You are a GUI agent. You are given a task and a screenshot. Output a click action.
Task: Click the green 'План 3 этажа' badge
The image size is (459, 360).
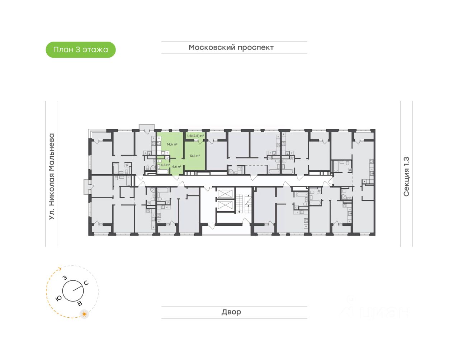tap(81, 49)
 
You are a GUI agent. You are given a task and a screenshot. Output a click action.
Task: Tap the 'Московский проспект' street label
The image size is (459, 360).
tap(231, 48)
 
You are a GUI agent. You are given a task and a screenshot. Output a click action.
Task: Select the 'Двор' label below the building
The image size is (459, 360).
tap(231, 312)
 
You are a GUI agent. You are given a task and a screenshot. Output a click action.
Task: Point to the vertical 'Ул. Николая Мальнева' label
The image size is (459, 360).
tap(52, 176)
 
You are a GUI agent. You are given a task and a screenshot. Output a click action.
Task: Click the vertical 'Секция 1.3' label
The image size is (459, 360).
tap(406, 176)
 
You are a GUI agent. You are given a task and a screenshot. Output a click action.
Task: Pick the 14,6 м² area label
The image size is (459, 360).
tap(172, 145)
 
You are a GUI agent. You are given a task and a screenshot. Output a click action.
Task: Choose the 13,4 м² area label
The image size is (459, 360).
tap(195, 156)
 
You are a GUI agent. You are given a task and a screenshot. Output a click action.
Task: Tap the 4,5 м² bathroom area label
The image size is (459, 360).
tap(165, 165)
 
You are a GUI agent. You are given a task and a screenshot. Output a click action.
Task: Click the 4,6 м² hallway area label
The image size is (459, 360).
tap(176, 167)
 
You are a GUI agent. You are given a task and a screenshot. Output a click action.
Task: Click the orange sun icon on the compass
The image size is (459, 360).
tap(85, 314)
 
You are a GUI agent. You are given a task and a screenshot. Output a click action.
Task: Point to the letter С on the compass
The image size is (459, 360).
tap(86, 283)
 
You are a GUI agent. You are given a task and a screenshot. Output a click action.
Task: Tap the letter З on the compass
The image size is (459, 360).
tap(65, 278)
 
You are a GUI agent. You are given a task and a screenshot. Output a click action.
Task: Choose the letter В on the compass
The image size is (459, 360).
tap(80, 304)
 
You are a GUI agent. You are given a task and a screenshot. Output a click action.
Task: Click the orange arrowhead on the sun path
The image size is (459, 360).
tap(60, 269)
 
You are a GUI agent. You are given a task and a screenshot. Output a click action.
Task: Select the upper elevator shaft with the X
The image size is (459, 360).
tap(225, 193)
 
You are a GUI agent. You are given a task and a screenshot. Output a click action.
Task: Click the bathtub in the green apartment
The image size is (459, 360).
tap(163, 172)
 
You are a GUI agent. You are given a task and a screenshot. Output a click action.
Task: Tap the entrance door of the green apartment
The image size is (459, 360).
tap(176, 177)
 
